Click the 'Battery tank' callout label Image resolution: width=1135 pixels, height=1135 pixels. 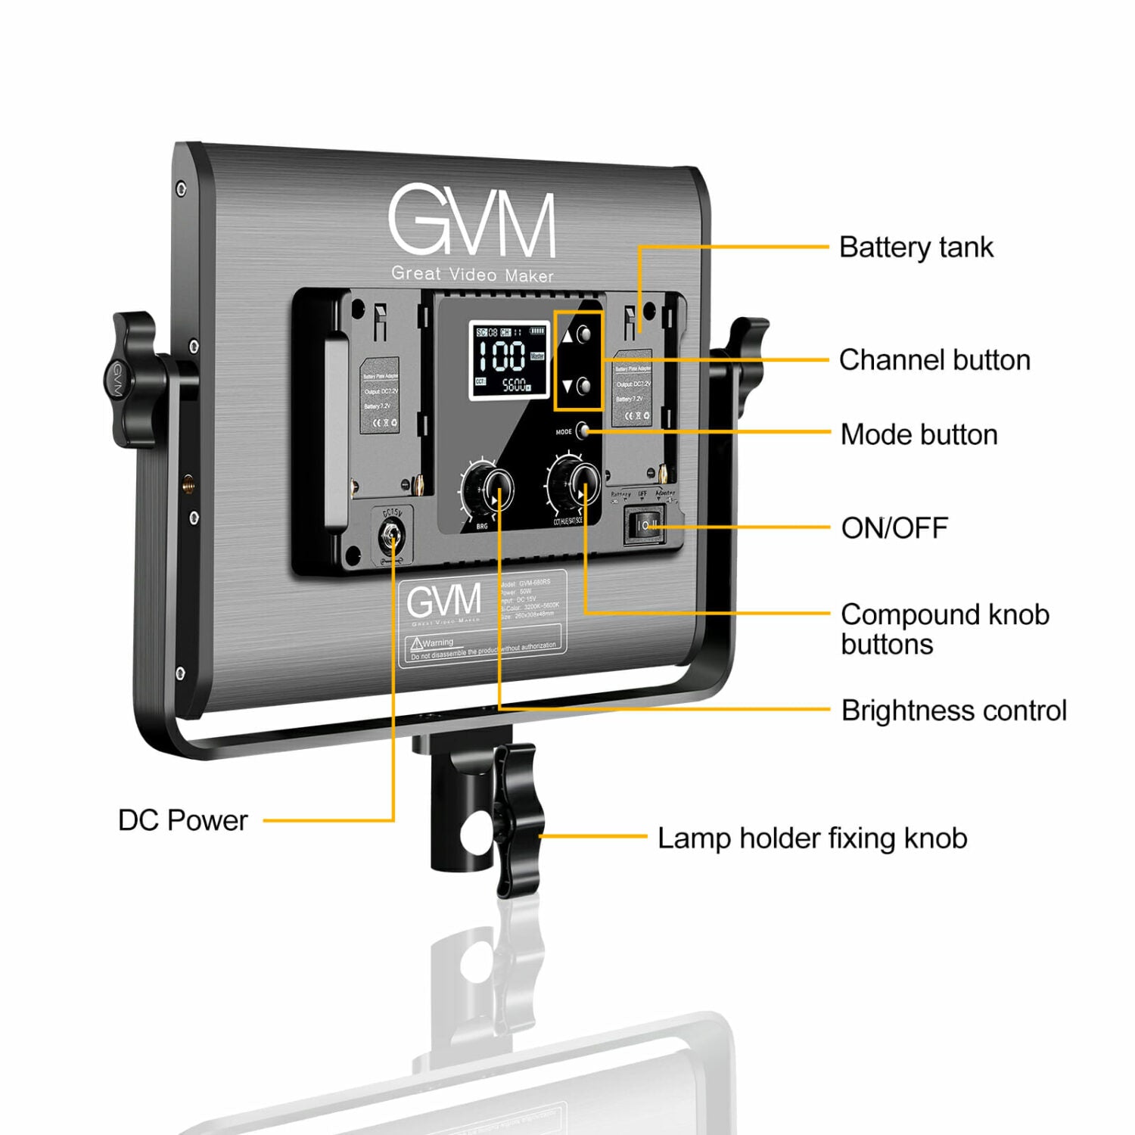pos(916,247)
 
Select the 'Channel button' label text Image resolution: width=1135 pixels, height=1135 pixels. pos(934,360)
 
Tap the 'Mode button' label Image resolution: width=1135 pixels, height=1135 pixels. pos(919,435)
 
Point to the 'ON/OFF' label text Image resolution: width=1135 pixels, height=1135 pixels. pos(894,528)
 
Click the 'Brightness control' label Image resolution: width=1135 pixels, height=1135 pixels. pos(953,711)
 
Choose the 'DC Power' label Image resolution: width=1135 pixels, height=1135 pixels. pos(182,820)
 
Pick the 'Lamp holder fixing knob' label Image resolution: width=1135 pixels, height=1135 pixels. pos(812,838)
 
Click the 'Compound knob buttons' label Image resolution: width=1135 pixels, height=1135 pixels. pos(944,630)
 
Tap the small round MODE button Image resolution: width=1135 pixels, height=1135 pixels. pos(583,431)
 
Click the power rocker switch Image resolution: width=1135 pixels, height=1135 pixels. pos(645,525)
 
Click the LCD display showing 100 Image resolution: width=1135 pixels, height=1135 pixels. pos(508,360)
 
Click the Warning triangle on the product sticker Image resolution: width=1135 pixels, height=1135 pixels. pos(415,644)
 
